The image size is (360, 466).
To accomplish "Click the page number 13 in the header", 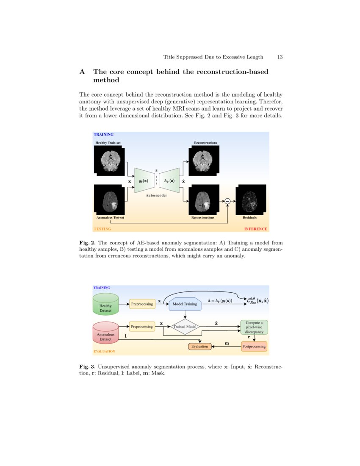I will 280,57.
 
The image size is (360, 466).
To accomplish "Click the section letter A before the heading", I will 82,72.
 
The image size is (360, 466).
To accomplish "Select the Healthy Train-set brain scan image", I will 109,161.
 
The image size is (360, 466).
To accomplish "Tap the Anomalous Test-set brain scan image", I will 109,200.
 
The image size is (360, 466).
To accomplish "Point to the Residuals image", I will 251,200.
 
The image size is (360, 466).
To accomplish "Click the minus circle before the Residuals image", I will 227,201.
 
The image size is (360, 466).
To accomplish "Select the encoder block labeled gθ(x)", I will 143,180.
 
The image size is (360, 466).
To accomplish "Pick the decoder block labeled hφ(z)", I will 169,180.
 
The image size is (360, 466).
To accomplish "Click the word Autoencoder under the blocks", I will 156,196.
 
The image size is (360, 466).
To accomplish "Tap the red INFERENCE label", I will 255,229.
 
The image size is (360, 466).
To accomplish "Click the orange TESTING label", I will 102,229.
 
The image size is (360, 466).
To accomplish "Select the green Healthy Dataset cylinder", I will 105,305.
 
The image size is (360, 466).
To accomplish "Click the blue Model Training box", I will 185,304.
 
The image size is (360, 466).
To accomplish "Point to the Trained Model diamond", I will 185,327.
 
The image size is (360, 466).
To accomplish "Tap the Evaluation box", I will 199,347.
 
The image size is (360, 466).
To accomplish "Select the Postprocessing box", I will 254,347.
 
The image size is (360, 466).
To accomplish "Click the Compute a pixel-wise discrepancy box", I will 254,327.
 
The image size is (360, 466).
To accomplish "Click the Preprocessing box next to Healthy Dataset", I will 142,304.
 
